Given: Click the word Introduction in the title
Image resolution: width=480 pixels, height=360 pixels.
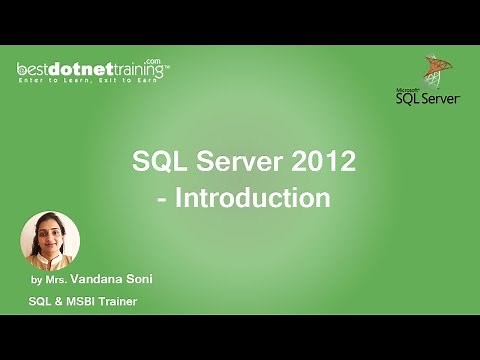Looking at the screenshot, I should (x=252, y=197).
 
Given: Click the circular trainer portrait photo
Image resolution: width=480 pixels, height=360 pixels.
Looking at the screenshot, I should (x=50, y=241).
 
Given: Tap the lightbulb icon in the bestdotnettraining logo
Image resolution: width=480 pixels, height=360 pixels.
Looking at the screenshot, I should (x=22, y=67).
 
